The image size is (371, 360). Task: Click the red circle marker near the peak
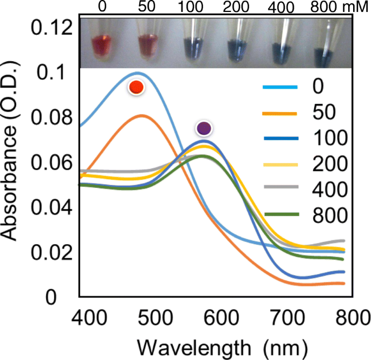(x=136, y=87)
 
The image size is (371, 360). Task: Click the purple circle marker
(x=204, y=128)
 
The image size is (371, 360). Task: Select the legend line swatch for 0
(x=280, y=87)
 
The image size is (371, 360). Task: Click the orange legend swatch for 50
(x=280, y=113)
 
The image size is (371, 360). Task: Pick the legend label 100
(x=329, y=138)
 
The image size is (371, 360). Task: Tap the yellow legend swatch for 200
(x=280, y=163)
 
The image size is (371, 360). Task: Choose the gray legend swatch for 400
(x=280, y=189)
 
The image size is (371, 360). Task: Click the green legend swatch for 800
(x=280, y=215)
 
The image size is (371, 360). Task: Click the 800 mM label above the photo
(x=339, y=7)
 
